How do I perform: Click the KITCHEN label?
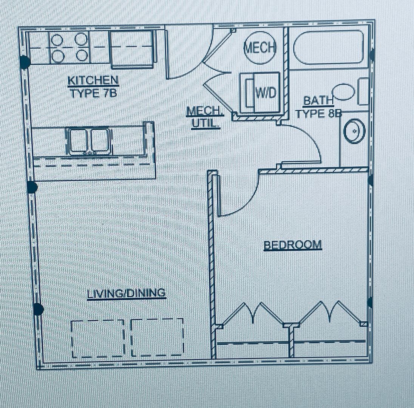(93, 80)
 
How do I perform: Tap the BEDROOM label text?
(293, 245)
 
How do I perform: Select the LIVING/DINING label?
(126, 293)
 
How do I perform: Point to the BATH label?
(318, 101)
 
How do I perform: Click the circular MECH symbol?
(260, 48)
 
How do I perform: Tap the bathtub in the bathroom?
(329, 47)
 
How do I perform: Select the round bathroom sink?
(354, 131)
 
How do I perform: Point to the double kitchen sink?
(89, 141)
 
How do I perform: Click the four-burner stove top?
(70, 48)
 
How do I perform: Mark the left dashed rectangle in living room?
(98, 338)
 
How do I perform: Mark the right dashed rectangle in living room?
(157, 337)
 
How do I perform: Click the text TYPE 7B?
(93, 93)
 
